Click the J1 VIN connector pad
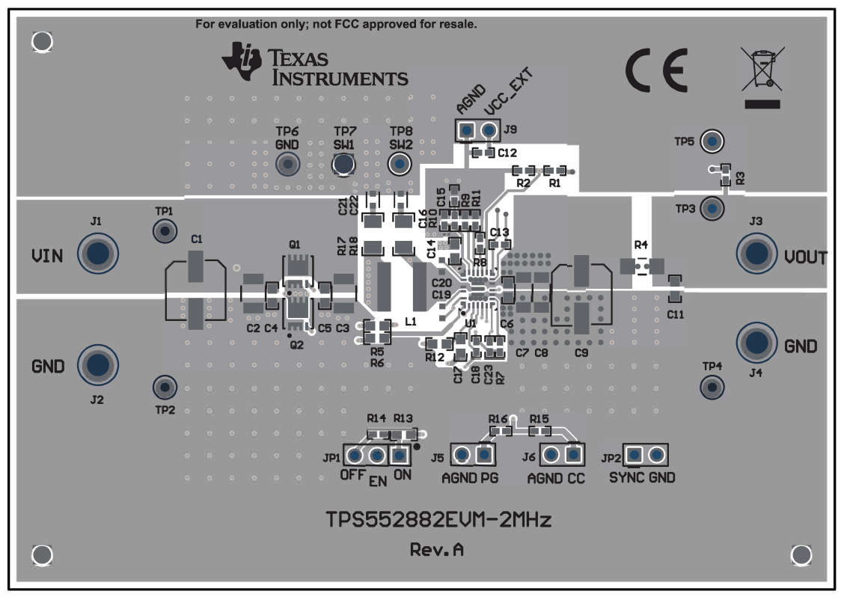[97, 255]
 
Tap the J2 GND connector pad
[97, 365]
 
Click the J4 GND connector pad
[758, 343]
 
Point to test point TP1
[164, 232]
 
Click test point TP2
[164, 387]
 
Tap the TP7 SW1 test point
[343, 163]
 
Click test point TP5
[714, 141]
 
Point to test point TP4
[712, 387]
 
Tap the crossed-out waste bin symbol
[762, 75]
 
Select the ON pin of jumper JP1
[401, 455]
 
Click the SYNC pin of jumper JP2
[634, 454]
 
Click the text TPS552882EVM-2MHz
[438, 519]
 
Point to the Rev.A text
[436, 550]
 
